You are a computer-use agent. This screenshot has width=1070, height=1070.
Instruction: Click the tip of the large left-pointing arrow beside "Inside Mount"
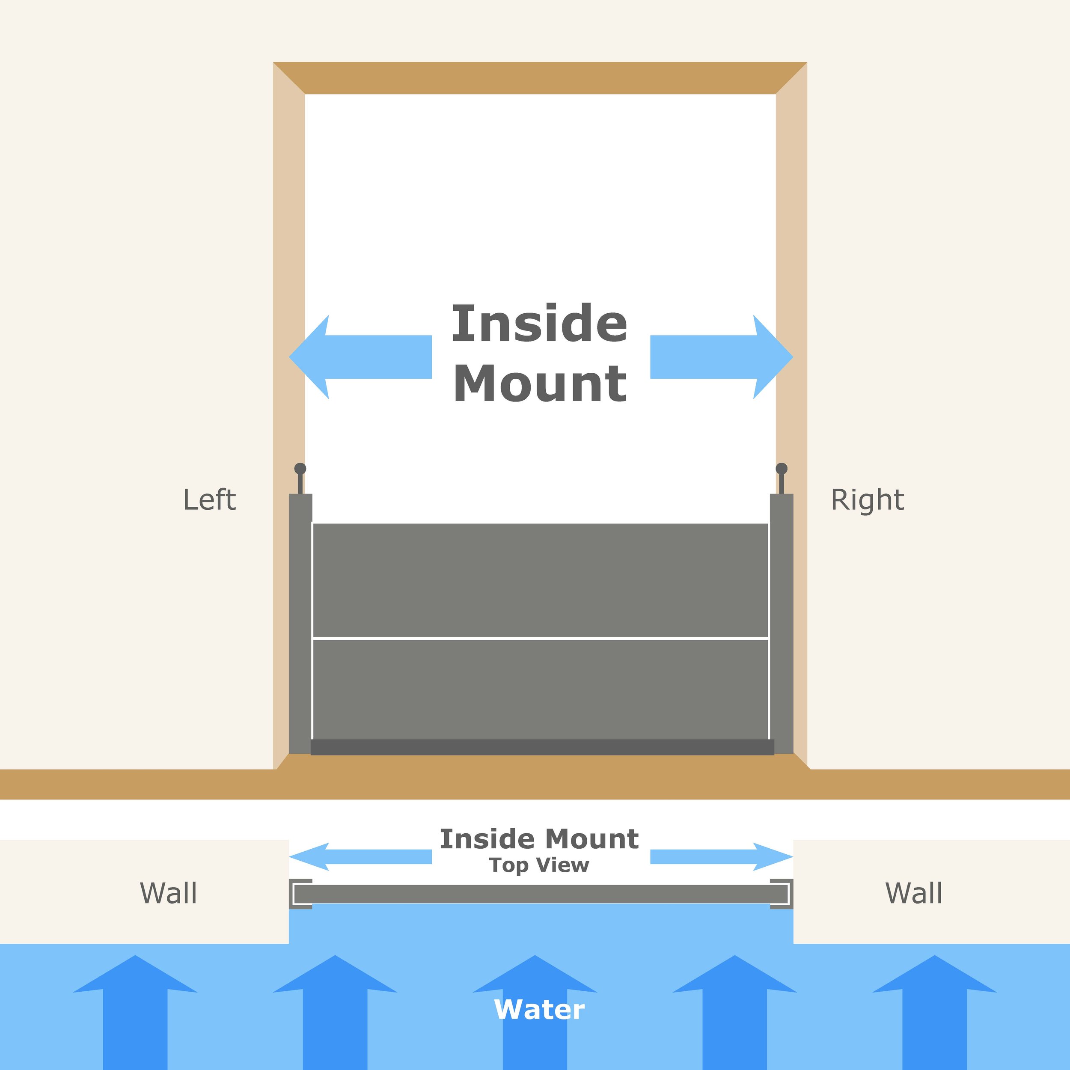click(x=289, y=357)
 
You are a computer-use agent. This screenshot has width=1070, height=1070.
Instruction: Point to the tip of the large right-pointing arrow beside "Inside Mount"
click(x=793, y=357)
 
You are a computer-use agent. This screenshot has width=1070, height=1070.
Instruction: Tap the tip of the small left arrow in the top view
click(x=289, y=857)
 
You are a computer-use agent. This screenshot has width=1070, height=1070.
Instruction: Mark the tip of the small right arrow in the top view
click(x=793, y=857)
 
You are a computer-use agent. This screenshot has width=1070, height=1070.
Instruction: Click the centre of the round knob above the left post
click(x=300, y=469)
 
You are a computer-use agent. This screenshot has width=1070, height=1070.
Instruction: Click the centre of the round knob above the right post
click(x=782, y=469)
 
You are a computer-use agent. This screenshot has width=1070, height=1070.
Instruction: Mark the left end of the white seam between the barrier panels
click(x=313, y=638)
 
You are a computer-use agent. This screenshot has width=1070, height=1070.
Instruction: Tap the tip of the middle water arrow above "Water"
click(x=535, y=955)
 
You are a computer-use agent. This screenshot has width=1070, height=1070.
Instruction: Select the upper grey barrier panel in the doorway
click(x=541, y=580)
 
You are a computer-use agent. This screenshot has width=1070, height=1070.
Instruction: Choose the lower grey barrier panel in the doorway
click(x=541, y=689)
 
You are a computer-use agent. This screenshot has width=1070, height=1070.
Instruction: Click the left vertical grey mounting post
click(x=300, y=624)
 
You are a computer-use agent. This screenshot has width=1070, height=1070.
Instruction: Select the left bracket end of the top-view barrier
click(x=300, y=894)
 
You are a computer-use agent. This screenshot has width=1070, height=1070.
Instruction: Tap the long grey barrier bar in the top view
click(x=541, y=894)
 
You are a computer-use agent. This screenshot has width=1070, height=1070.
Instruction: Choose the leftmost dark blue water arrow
click(x=135, y=1012)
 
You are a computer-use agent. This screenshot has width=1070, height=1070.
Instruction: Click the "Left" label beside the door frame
click(x=209, y=499)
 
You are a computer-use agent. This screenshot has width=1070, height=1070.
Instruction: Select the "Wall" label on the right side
click(x=914, y=893)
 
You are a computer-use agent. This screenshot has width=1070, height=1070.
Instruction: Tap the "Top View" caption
click(x=539, y=865)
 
